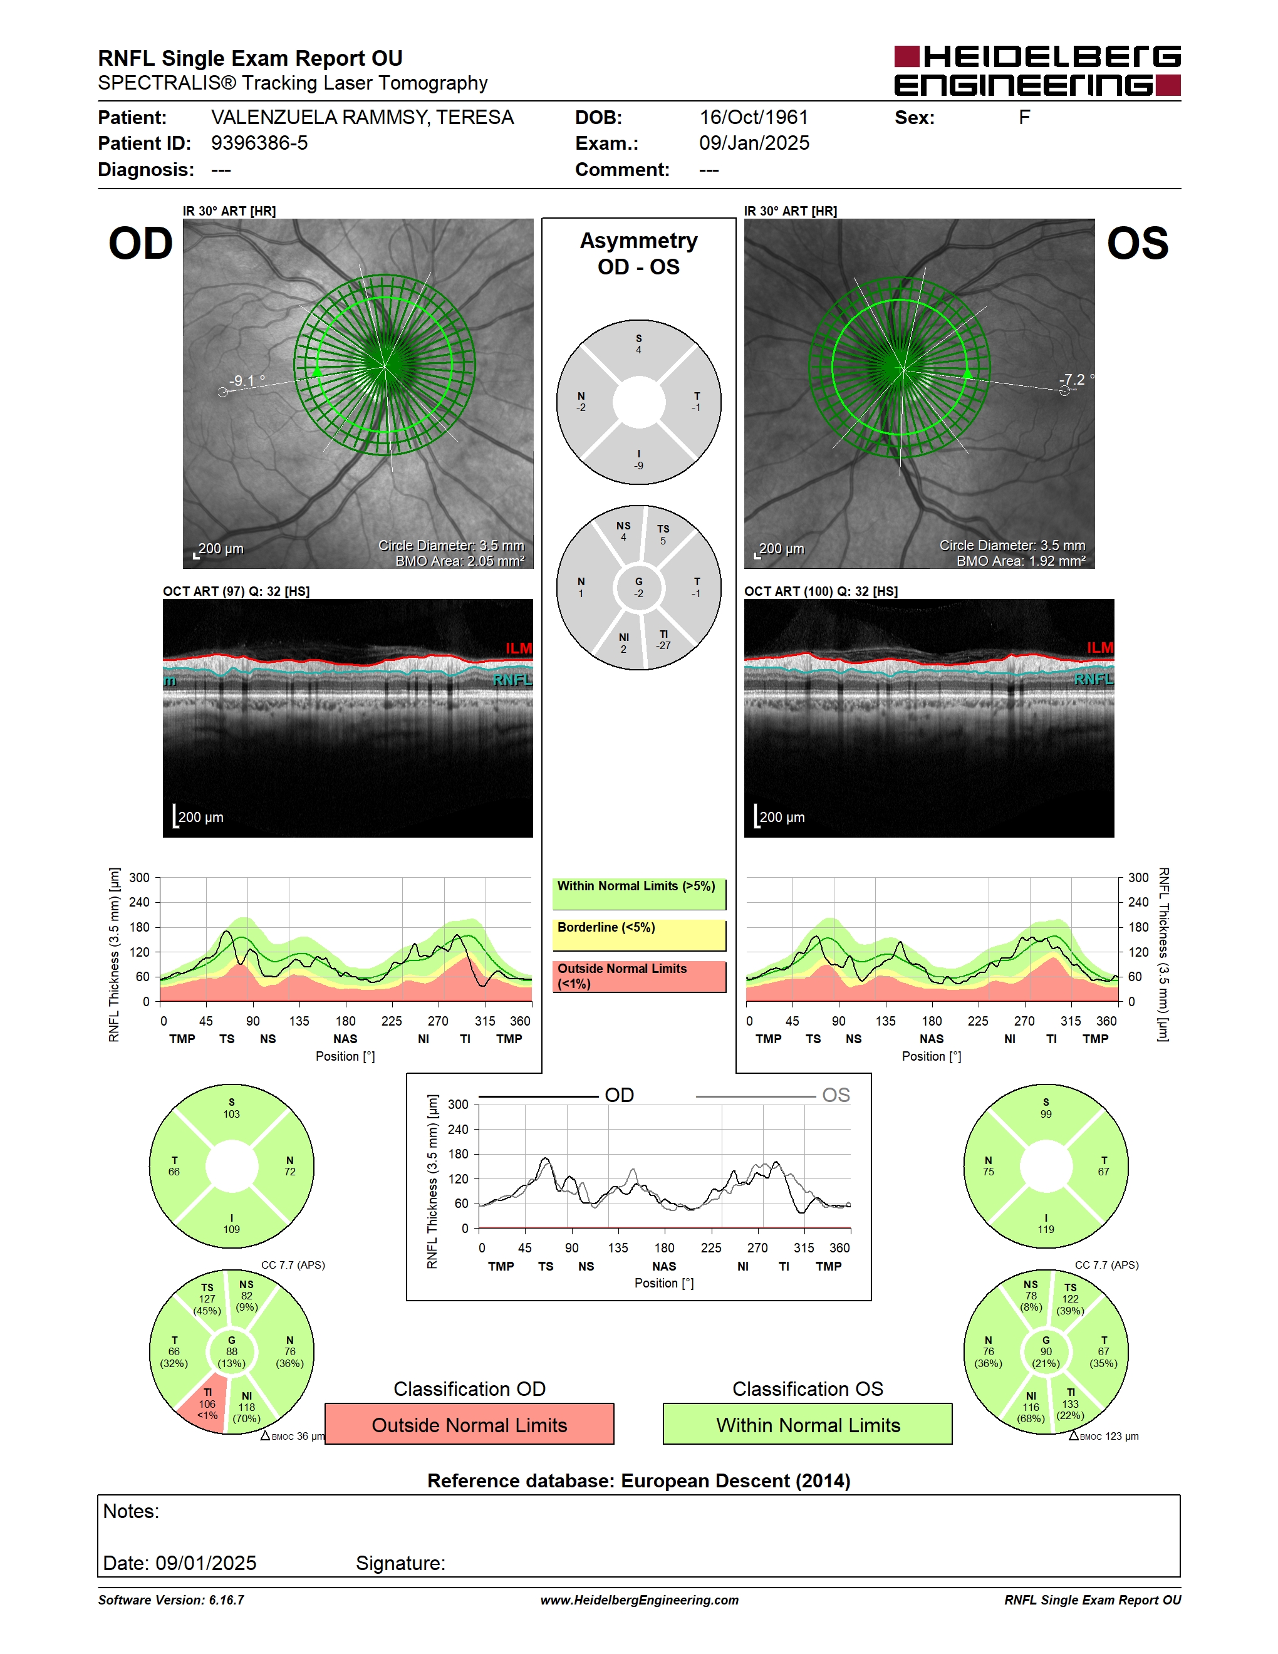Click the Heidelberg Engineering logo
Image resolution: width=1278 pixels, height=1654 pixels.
coord(1037,70)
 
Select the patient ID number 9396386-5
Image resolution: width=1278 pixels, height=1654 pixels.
coord(259,143)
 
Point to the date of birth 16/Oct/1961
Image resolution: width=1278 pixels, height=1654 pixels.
coord(753,117)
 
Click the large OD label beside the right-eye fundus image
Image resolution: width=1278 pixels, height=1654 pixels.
coord(141,244)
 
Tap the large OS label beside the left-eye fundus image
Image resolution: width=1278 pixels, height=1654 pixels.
coord(1137,244)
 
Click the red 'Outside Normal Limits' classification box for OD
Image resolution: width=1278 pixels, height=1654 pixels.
coord(469,1425)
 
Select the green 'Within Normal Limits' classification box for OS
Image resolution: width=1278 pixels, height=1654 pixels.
coord(808,1425)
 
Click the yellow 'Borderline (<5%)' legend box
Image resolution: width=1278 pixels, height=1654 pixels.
coord(639,935)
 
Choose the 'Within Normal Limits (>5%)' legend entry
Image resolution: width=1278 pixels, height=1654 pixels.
coord(639,893)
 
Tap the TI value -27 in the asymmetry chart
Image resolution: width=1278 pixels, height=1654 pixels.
coord(663,645)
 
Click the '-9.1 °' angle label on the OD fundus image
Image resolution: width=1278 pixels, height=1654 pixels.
coord(248,380)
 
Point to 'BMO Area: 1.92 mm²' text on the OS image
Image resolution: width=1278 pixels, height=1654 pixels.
coord(1021,561)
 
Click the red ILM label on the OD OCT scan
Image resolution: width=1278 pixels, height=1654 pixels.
coord(519,648)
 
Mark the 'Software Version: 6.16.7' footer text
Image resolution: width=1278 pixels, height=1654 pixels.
coord(171,1600)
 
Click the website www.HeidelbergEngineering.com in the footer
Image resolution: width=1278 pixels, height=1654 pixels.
coord(639,1600)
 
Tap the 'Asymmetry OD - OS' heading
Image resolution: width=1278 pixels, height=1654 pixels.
coord(639,254)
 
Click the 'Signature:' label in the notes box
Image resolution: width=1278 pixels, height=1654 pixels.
coord(400,1563)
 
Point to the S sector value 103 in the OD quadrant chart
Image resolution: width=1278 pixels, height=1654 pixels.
coord(232,1114)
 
